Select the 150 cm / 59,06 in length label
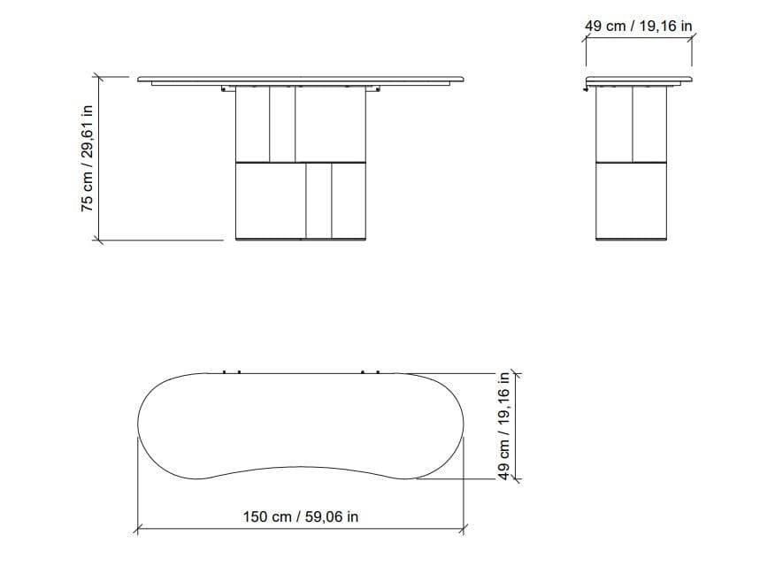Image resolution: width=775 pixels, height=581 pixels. (301, 516)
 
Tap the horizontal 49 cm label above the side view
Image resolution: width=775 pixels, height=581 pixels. (638, 27)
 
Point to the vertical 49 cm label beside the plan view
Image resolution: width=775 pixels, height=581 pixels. (504, 424)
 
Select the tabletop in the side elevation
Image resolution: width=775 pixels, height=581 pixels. (637, 80)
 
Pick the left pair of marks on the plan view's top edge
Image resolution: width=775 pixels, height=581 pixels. (232, 371)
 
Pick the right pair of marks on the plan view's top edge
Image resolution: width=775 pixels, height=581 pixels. (371, 371)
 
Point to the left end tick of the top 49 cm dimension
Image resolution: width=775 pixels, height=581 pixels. (586, 37)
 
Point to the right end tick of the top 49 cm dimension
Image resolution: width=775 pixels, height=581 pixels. (692, 37)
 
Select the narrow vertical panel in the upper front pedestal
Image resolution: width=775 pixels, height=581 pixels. (282, 125)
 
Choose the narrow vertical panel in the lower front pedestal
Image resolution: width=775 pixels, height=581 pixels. (318, 200)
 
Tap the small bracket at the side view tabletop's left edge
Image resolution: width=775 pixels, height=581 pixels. (587, 86)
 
